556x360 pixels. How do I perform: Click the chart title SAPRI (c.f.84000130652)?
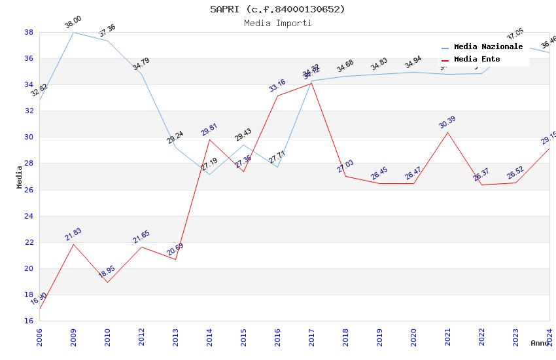click(277, 9)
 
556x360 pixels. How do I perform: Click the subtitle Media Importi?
click(277, 24)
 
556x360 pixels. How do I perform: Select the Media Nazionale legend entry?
click(488, 47)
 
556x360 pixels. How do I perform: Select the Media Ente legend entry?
click(477, 60)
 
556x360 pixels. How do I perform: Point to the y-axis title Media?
click(20, 177)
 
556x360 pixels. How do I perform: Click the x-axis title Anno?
click(540, 343)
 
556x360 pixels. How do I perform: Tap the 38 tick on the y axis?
click(29, 32)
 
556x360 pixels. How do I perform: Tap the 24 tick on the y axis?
click(29, 216)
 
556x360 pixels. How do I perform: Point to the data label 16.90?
click(39, 300)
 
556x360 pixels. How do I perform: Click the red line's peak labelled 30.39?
click(447, 132)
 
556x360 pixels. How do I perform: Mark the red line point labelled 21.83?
click(73, 245)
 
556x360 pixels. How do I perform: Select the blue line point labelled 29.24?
click(175, 147)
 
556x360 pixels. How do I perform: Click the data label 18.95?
click(107, 272)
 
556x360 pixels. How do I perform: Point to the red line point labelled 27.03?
click(345, 176)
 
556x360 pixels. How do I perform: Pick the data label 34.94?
click(413, 63)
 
